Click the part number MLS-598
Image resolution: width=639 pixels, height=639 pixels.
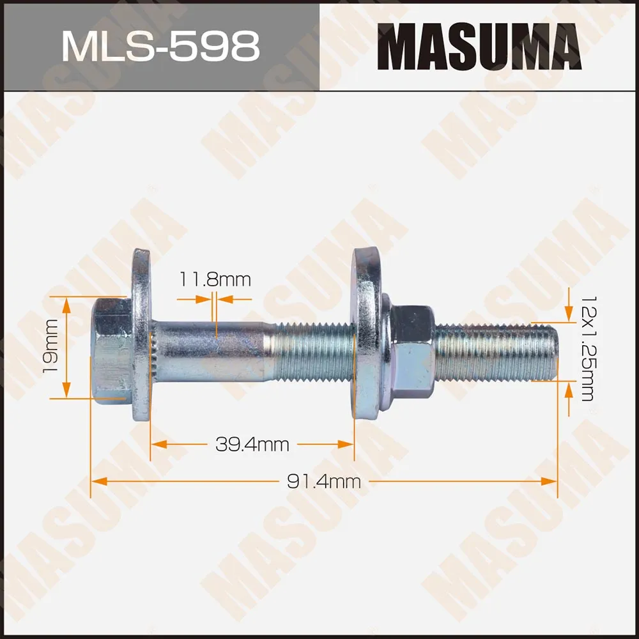tap(160, 45)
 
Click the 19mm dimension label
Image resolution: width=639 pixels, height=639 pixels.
tap(52, 348)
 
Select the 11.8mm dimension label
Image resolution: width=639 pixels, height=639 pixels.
tap(215, 279)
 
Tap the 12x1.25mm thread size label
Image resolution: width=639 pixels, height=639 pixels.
tap(585, 348)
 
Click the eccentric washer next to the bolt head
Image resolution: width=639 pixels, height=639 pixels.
tap(142, 335)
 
